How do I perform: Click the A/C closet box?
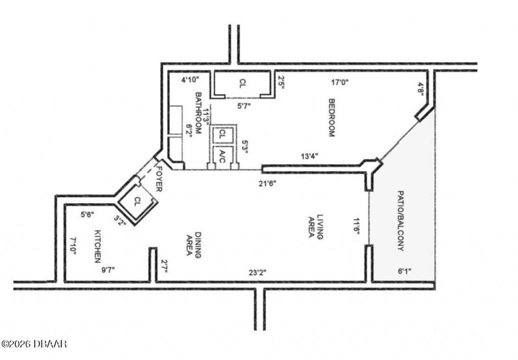[x=221, y=156]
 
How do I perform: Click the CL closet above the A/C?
[x=222, y=134]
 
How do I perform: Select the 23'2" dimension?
[x=257, y=273]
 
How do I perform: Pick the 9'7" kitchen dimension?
[x=108, y=269]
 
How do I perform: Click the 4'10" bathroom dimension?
[x=191, y=79]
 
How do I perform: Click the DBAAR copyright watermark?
[x=34, y=344]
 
